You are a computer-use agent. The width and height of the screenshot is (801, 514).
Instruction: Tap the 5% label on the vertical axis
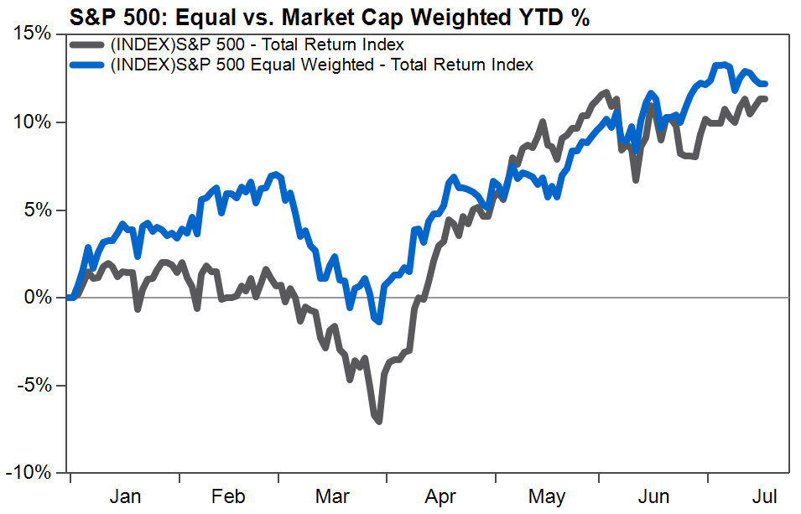point(38,210)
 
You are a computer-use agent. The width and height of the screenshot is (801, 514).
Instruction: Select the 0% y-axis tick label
point(38,297)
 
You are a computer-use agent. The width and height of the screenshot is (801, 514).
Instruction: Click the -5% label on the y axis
point(34,385)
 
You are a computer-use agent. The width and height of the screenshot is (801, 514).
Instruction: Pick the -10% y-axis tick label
point(29,473)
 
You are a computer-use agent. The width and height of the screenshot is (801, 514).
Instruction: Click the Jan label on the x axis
point(125,496)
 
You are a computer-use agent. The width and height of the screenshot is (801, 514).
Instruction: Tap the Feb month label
point(228,496)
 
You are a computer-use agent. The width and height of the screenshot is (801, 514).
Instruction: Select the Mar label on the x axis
point(332,496)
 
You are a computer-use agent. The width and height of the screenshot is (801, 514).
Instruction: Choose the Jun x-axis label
point(653,496)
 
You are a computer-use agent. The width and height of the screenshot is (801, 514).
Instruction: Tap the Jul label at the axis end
point(765,496)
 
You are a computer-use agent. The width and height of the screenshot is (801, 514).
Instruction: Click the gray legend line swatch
point(89,45)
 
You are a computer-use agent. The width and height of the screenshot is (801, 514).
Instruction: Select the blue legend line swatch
point(89,65)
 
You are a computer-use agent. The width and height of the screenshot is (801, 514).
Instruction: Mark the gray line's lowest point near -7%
point(378,421)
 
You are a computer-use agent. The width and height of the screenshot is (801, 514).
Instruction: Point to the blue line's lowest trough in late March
point(378,322)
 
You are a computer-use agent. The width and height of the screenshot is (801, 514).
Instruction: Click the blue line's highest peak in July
point(721,65)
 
